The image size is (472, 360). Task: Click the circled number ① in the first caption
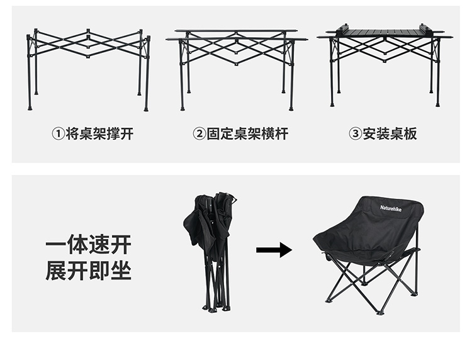59,134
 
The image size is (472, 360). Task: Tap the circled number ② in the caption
199,134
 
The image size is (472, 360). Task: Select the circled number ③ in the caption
355,134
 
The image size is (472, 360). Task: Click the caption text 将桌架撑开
99,134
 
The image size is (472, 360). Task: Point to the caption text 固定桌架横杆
247,134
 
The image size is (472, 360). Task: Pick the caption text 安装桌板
390,134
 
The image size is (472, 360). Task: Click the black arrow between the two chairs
274,250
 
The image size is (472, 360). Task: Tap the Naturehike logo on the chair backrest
391,208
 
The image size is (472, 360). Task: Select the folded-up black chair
210,251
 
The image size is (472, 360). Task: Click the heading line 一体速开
89,245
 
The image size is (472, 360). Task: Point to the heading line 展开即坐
89,271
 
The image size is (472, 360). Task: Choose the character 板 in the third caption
410,134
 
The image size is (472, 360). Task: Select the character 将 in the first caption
72,134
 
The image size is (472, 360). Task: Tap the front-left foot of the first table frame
30,108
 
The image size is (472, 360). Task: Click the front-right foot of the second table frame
291,108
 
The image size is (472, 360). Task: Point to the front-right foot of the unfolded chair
380,312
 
